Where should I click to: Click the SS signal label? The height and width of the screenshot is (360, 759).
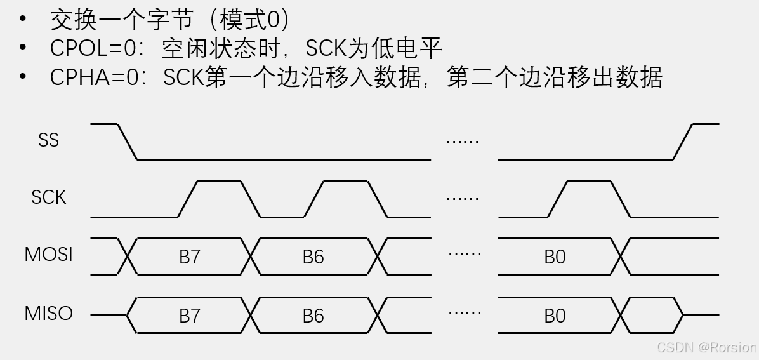pos(48,140)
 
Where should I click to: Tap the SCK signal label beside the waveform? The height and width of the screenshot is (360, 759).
pos(48,197)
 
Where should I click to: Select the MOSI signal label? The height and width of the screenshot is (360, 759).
pos(48,255)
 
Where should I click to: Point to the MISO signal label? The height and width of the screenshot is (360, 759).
pos(48,314)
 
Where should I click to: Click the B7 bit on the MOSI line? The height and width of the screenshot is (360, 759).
pos(190,257)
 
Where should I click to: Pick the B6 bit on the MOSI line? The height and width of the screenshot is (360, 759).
pos(313,257)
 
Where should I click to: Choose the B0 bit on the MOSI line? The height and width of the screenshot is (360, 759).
pos(555,257)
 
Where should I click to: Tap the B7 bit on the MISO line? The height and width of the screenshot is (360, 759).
pos(190,316)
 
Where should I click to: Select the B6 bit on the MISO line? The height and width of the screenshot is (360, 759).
pos(313,316)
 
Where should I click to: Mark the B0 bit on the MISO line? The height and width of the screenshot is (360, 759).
pos(555,316)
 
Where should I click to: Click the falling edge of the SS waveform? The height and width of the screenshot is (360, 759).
pos(128,142)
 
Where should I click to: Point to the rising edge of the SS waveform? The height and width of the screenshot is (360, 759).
pos(683,142)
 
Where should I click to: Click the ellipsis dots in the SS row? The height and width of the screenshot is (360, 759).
pos(463,140)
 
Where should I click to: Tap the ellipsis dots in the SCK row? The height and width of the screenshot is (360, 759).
pos(463,198)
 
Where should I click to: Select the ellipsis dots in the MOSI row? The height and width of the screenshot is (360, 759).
pos(464,254)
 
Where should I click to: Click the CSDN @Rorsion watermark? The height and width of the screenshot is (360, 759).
pos(706,347)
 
